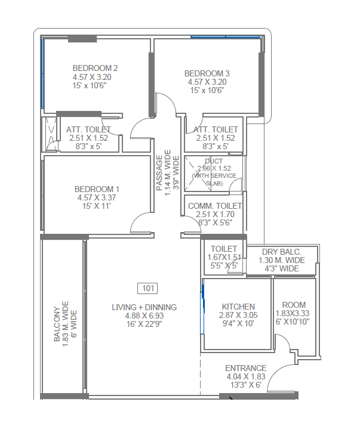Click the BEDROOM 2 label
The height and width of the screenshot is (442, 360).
95,68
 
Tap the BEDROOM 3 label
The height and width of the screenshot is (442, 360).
207,73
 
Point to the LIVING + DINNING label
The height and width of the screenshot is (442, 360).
144,307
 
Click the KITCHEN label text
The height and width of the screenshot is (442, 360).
238,307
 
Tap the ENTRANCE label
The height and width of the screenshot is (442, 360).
245,368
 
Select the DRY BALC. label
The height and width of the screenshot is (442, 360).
282,252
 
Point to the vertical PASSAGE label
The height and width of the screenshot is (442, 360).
159,173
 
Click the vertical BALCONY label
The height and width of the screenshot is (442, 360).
57,324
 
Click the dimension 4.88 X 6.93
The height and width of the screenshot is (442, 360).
144,316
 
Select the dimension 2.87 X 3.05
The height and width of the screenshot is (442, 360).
238,315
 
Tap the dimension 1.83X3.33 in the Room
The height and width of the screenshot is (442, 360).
293,313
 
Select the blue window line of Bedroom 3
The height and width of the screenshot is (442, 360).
225,38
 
